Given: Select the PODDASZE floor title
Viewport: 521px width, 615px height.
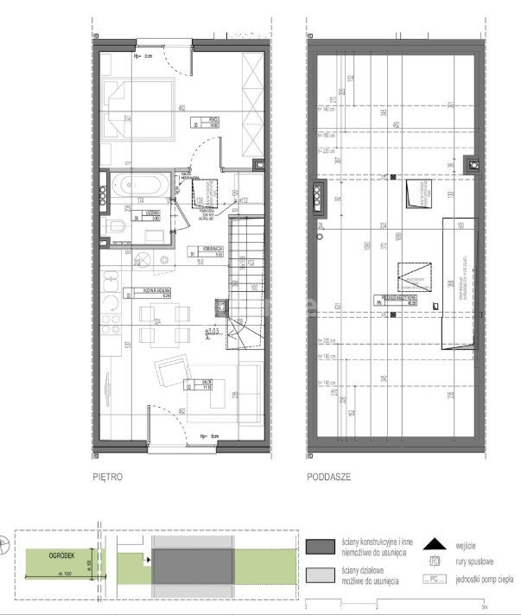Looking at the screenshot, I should coord(326,476).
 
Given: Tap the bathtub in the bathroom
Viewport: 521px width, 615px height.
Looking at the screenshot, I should coord(137,185).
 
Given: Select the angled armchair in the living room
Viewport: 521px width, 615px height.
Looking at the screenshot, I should coord(172,372).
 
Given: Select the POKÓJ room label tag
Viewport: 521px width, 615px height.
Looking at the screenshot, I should coord(206,123).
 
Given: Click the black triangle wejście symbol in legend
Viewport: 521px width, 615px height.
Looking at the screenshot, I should coord(435,545).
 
